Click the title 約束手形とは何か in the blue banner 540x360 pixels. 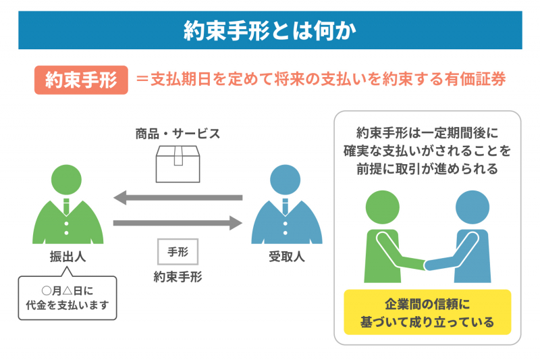pos(270,30)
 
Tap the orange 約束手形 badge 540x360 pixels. pos(80,80)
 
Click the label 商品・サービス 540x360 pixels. pos(178,133)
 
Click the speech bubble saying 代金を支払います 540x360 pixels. pos(67,297)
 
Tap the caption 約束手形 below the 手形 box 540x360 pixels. pos(178,276)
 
